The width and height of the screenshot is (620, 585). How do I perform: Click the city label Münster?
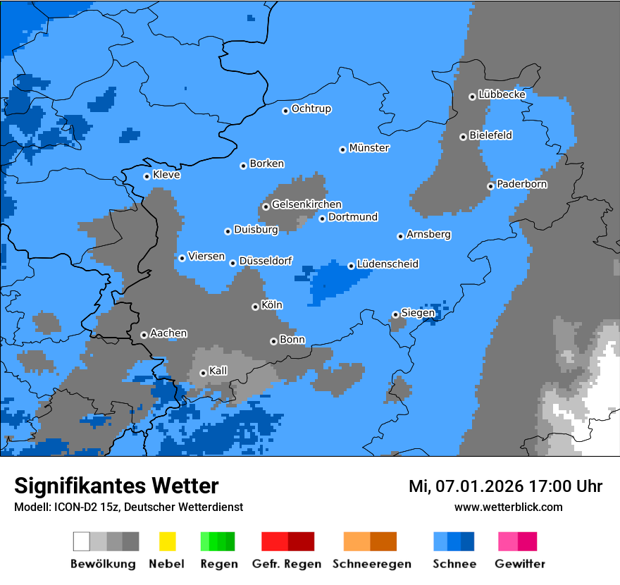coord(369,148)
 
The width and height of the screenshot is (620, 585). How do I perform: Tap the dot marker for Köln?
coord(255,307)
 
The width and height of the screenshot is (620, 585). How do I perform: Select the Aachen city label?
coord(168,333)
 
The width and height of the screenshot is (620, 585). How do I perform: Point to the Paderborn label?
coord(521,185)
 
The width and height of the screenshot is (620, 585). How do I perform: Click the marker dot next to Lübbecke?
coord(472,97)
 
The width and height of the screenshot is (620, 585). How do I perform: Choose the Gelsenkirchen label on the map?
coord(306,204)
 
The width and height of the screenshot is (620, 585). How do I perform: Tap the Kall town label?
coord(218,371)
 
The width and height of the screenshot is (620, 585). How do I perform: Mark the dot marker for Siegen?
coord(395,314)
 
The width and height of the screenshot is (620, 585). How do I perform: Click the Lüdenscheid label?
coord(387,264)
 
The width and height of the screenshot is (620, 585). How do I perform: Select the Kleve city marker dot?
coord(147,176)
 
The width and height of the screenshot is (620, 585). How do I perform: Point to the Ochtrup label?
coord(311,109)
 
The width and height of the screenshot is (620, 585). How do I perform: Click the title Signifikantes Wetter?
coord(116,486)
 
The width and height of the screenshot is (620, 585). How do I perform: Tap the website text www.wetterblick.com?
coord(508,507)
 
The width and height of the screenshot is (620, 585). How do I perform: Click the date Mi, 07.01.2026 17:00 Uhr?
coord(505,486)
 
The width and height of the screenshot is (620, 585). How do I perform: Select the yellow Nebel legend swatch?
coord(167,541)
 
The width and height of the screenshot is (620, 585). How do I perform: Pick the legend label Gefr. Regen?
coord(287,564)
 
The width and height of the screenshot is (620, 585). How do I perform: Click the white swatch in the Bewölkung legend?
coord(81,541)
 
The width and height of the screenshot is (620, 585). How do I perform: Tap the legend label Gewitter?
coord(519,564)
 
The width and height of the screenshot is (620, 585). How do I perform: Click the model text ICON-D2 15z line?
coord(128,507)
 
